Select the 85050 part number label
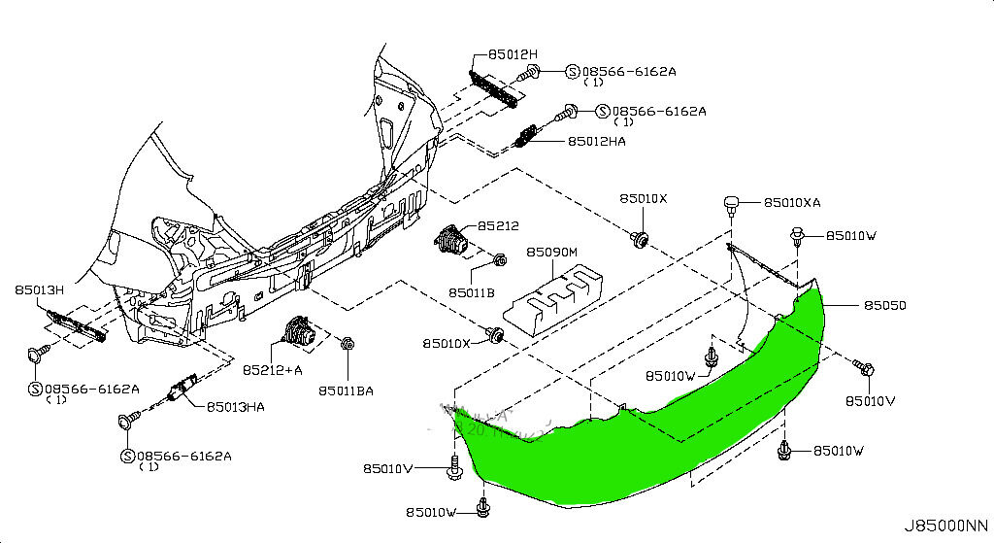(885, 304)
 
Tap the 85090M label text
(552, 252)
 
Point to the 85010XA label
(792, 203)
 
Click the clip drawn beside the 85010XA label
(733, 204)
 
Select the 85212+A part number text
(273, 370)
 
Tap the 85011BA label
(346, 390)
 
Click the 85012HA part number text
(597, 141)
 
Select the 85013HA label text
(235, 406)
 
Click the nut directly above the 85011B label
(499, 260)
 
